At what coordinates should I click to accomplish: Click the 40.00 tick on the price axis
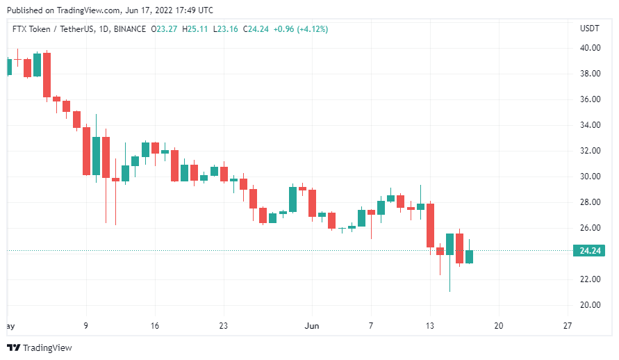pos(591,48)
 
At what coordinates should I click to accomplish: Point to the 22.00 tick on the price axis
pos(591,279)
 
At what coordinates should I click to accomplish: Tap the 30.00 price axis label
pos(591,177)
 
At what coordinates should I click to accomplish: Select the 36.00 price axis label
pos(591,99)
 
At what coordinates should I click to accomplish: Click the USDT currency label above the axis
pos(589,28)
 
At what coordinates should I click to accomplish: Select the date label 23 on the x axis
pos(223,325)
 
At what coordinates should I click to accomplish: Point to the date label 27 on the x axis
pos(567,325)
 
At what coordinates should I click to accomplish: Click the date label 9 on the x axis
pos(86,325)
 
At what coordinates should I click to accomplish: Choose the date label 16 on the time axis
pos(155,325)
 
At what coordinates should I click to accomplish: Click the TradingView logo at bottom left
pos(40,347)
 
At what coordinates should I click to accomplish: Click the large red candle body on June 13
pos(430,224)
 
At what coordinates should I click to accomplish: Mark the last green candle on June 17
pos(469,257)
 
